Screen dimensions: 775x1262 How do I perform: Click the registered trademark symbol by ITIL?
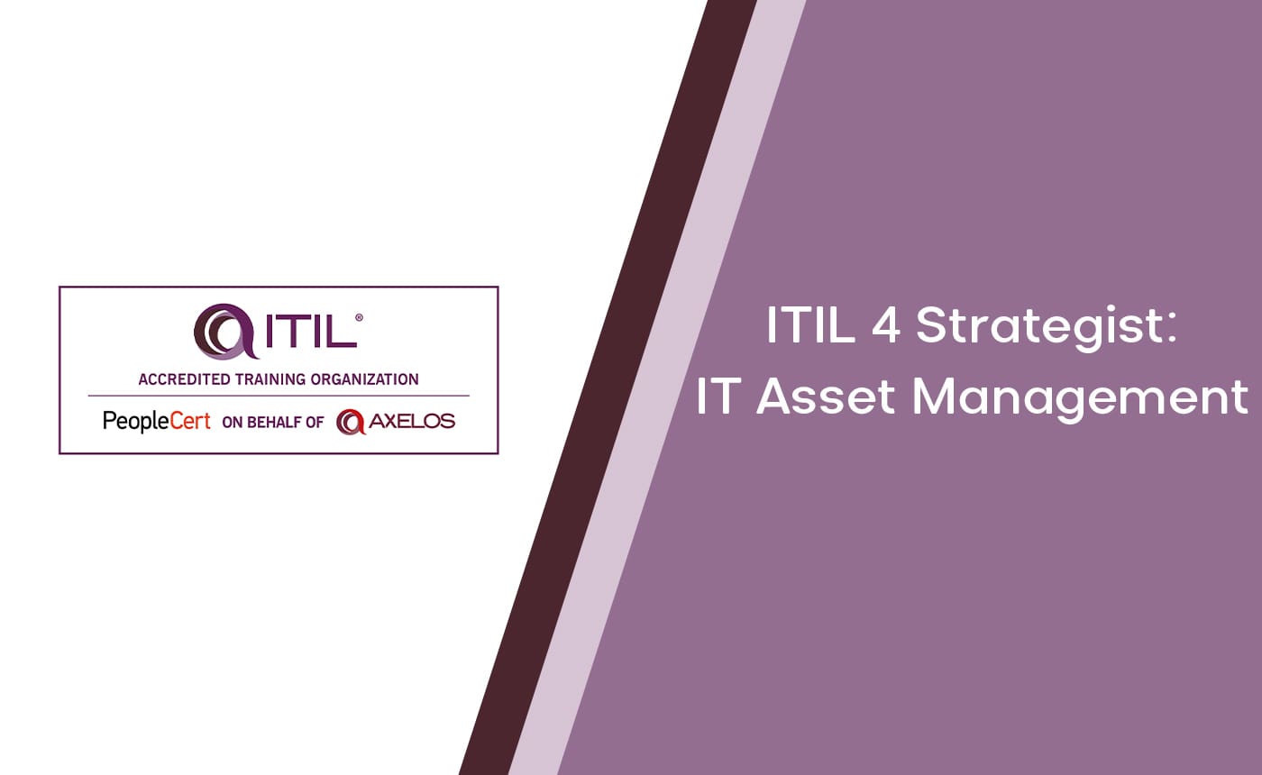[x=360, y=318]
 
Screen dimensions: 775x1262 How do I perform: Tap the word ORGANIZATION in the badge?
[x=364, y=379]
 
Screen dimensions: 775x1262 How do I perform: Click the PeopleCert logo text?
[x=157, y=421]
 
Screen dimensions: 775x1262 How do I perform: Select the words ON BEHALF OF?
[x=272, y=422]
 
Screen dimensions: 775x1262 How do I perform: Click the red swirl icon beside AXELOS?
[x=349, y=421]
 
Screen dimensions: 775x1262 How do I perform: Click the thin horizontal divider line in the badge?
[x=278, y=396]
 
